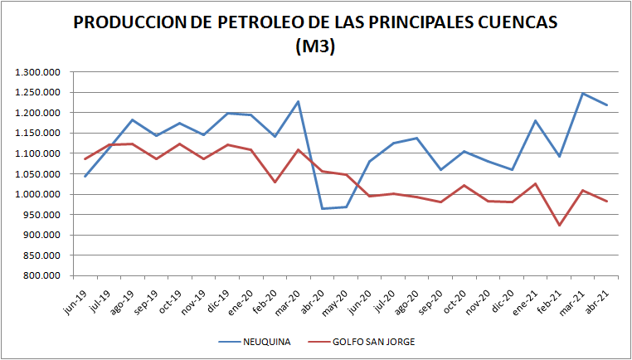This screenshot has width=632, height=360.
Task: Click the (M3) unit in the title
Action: click(x=315, y=47)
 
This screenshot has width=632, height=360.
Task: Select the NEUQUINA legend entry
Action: click(x=267, y=341)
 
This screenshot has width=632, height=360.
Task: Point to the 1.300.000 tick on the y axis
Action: click(x=38, y=72)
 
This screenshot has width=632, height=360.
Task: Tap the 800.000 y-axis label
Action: click(x=43, y=275)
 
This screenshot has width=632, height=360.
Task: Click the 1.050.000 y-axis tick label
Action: click(x=38, y=174)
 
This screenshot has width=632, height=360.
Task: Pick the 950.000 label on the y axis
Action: click(x=43, y=215)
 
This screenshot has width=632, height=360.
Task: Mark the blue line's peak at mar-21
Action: click(x=583, y=94)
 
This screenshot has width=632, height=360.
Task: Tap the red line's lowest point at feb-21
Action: click(x=559, y=225)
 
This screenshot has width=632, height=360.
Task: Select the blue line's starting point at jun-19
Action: click(x=85, y=176)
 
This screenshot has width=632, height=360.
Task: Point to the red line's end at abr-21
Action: click(x=606, y=201)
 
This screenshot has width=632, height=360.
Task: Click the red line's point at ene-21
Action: click(x=536, y=183)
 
